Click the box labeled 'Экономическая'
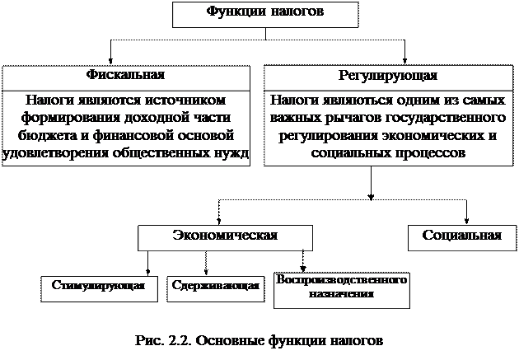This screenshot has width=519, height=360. (224, 236)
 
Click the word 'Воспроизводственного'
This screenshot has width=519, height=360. (342, 280)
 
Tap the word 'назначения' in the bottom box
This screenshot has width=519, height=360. (342, 293)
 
